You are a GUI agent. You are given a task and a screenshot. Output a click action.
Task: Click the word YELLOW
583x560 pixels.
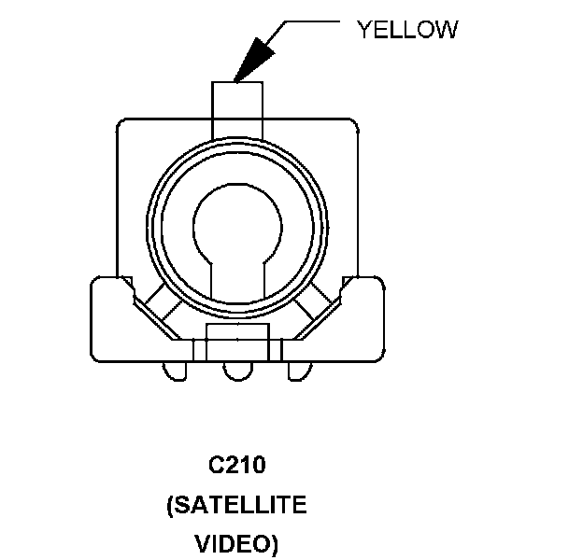[x=407, y=29]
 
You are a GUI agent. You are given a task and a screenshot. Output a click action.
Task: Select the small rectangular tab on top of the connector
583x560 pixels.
[x=238, y=99]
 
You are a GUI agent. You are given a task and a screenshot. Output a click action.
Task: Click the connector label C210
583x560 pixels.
[x=237, y=465]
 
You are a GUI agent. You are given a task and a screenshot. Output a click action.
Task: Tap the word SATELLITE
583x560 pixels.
[x=236, y=505]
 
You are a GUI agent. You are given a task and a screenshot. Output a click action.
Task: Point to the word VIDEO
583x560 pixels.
[x=236, y=543]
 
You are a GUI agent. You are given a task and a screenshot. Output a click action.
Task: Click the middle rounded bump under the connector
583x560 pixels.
[x=237, y=371]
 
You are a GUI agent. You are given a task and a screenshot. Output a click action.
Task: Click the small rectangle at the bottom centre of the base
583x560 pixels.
[x=237, y=336]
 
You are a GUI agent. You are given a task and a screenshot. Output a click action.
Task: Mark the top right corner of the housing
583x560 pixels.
[x=355, y=122]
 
